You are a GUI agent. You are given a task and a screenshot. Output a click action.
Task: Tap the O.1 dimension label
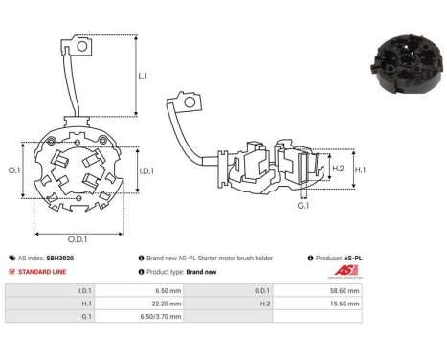[15, 170]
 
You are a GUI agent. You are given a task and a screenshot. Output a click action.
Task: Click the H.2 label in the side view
[310, 169]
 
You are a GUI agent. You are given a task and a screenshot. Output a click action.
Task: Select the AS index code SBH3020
[59, 259]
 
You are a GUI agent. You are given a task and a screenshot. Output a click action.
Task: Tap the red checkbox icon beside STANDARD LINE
[11, 272]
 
